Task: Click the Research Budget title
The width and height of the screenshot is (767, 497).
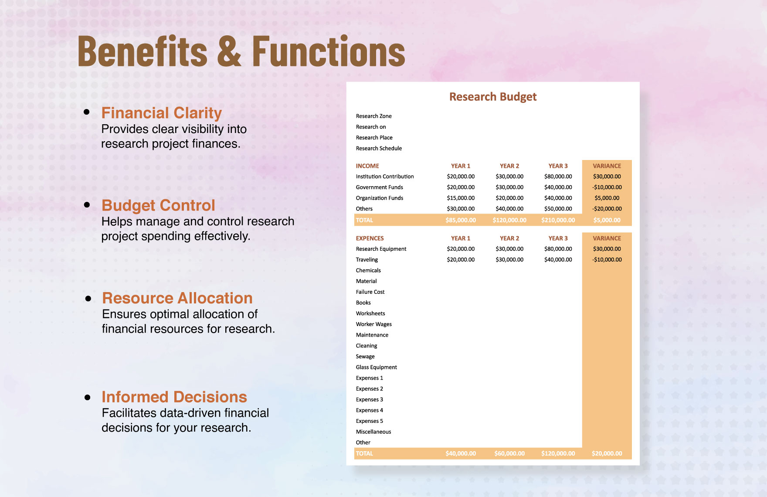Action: [x=492, y=97]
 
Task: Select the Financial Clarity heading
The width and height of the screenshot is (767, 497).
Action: [x=161, y=113]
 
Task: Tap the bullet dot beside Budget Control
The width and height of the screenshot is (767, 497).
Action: [x=87, y=204]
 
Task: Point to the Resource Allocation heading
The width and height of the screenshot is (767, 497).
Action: [x=177, y=298]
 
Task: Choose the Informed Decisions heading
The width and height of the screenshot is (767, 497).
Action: [x=174, y=397]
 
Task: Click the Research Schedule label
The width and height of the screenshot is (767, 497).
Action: [x=379, y=148]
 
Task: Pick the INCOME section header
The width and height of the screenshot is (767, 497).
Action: [x=367, y=166]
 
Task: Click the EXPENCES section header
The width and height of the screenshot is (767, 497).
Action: [x=370, y=238]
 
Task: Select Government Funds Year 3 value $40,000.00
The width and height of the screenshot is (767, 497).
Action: [x=558, y=187]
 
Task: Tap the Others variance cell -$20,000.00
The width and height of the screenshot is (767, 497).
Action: [x=607, y=209]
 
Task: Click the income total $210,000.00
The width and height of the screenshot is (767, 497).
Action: [x=558, y=220]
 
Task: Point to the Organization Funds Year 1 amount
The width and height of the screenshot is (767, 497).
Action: [x=461, y=198]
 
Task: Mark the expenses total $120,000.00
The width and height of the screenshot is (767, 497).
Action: [x=558, y=453]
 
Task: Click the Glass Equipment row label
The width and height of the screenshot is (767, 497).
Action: [x=376, y=367]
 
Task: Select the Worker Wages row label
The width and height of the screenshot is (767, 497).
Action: [x=373, y=324]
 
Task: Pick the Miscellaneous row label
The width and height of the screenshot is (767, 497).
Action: [x=373, y=432]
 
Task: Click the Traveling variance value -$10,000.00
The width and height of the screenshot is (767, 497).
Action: [x=607, y=260]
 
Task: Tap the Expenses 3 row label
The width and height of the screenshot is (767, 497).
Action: [x=369, y=399]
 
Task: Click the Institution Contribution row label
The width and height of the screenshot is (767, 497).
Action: [x=384, y=177]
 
